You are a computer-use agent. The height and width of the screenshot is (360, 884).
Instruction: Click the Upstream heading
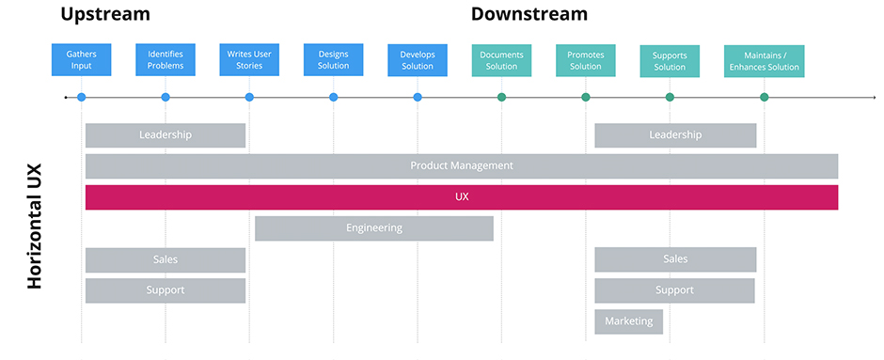104,14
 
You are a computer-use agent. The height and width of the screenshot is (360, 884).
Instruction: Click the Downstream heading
529,14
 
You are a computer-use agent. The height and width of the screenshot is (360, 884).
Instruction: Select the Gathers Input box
81,60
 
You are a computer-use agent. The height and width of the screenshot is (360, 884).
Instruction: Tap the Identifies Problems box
166,60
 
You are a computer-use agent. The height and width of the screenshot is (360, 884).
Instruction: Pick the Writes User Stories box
249,60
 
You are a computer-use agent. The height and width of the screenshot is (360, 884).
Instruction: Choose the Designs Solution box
333,60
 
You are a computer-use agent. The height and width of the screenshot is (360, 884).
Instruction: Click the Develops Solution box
418,60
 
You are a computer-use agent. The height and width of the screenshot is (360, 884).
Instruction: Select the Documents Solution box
501,60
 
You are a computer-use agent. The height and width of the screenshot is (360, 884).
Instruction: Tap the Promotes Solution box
585,60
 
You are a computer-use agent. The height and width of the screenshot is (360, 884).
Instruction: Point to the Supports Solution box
670,61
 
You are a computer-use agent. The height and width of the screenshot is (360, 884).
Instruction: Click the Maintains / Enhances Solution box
764,61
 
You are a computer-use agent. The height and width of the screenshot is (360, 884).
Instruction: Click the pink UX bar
461,197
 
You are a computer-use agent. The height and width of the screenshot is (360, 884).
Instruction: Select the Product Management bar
461,166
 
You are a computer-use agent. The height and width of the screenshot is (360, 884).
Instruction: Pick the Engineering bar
373,228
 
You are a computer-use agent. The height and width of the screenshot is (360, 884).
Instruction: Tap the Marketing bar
628,321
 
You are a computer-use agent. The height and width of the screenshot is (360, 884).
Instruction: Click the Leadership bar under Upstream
166,135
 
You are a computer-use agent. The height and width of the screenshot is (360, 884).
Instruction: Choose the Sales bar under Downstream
674,259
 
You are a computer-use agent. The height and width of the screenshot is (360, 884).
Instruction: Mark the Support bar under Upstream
166,290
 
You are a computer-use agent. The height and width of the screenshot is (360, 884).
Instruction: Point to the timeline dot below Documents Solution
501,97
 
